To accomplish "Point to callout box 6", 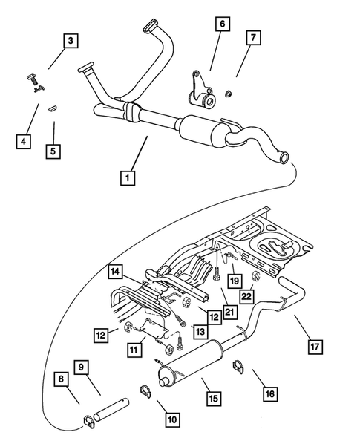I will tap(221, 24).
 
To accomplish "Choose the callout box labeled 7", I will tap(253, 36).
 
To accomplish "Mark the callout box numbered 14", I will tap(114, 271).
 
